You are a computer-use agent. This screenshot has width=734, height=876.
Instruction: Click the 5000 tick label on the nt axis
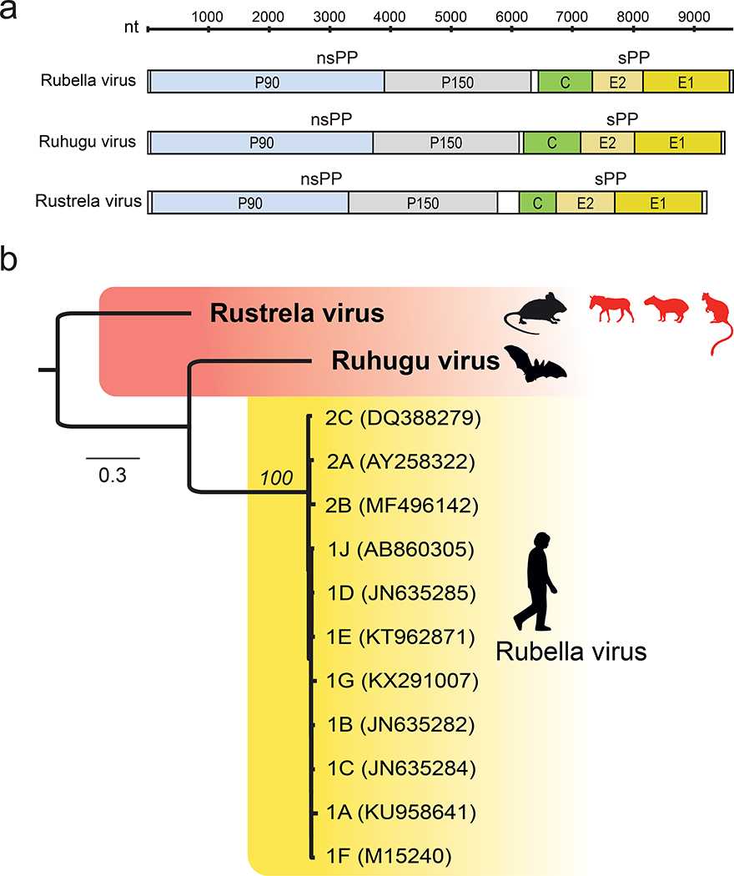pos(450,16)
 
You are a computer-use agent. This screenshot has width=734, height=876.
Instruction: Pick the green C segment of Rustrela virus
pos(537,203)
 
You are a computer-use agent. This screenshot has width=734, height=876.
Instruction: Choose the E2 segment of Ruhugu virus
pos(607,143)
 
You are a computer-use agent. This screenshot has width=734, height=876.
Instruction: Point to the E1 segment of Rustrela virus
pos(658,203)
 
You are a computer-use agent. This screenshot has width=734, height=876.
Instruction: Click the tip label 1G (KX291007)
pos(395,680)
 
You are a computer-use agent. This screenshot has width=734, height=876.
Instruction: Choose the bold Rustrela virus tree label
pos(297,314)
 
